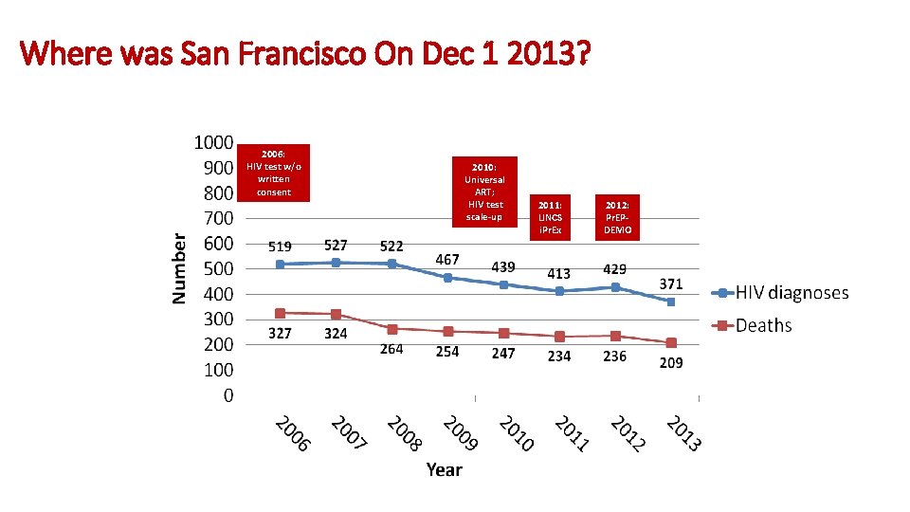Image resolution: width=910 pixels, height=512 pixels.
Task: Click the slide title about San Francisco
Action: coord(305,53)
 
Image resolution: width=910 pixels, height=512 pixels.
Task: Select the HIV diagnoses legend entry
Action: coord(780,293)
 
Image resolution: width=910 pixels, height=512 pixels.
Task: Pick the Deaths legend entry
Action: coord(752,325)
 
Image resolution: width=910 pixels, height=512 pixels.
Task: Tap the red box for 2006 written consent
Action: coord(273,173)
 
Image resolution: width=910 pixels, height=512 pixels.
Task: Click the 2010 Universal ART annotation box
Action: coord(484,192)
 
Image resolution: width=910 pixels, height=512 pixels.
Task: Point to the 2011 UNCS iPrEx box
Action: coord(550,217)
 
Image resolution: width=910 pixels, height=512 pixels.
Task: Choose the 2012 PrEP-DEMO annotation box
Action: coord(617,217)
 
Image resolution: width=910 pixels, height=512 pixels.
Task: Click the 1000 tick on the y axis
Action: coord(213,142)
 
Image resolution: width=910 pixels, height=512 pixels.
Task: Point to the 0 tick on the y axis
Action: coord(228,395)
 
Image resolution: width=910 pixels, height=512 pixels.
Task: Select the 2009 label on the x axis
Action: coord(461,433)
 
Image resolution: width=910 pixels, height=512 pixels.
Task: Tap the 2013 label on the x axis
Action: coord(683,433)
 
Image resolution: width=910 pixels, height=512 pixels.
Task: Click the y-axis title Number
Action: coord(179,268)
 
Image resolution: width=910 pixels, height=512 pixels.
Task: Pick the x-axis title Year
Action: coord(444,469)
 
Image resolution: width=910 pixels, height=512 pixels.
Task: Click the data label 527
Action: coord(336,247)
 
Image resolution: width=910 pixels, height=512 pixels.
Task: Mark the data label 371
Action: coord(671,283)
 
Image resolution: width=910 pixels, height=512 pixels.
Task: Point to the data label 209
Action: coord(671,363)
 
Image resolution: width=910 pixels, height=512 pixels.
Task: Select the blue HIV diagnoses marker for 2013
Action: coord(671,302)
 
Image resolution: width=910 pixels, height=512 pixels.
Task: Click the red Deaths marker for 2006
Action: coord(280,313)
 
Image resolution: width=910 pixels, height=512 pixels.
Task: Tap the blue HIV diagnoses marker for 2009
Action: coord(447,278)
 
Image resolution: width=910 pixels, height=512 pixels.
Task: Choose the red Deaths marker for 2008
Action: coord(391,329)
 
